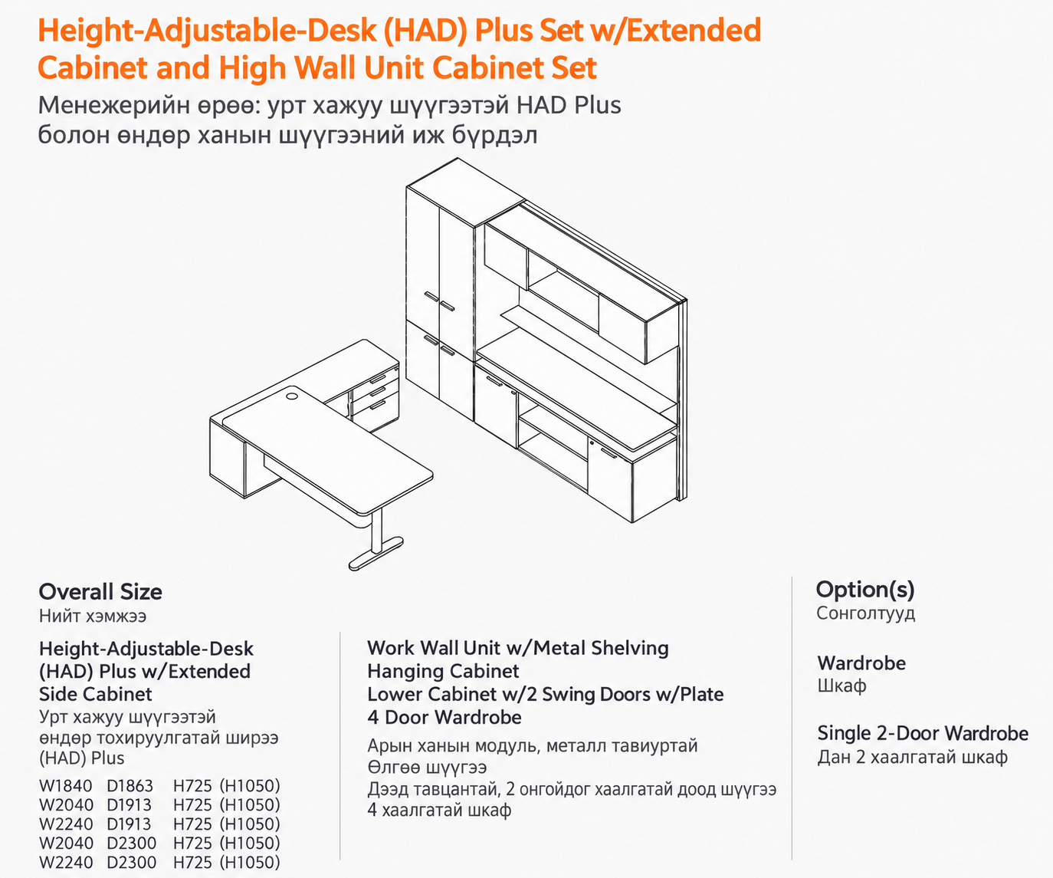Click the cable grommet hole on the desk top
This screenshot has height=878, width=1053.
[292, 396]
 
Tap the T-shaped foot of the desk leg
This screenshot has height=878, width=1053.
[376, 554]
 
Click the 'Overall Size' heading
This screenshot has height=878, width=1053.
[100, 592]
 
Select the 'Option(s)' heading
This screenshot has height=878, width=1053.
[865, 590]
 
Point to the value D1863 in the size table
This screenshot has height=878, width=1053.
[130, 786]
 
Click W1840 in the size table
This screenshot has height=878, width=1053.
[66, 786]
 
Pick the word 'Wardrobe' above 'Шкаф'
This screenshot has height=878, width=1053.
[861, 663]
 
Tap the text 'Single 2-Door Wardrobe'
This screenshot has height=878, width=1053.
[923, 733]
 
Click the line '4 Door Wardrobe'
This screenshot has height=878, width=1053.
[444, 717]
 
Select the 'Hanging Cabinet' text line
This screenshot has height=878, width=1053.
[443, 671]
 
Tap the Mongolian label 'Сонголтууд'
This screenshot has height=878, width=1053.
[865, 613]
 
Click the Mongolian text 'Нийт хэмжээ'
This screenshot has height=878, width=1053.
[93, 616]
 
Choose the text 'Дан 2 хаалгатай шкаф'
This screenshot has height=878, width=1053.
[912, 757]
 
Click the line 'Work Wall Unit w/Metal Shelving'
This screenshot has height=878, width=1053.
[518, 648]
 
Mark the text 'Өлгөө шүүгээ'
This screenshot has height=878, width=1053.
[427, 768]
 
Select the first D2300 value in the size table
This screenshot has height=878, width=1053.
[131, 843]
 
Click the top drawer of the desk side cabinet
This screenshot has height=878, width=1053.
[376, 378]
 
